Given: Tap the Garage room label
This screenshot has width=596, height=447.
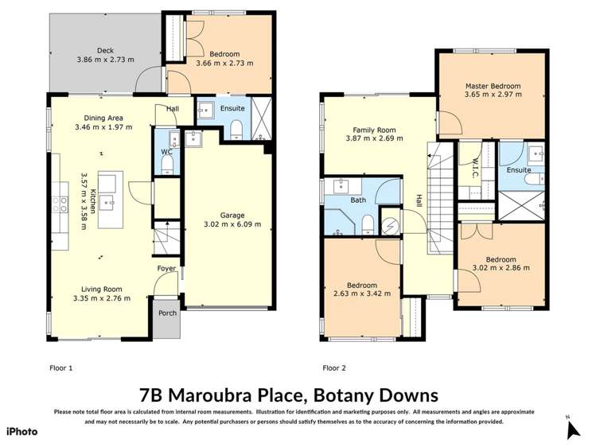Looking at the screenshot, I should [232, 215].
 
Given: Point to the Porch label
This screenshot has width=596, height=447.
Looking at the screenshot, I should [167, 313].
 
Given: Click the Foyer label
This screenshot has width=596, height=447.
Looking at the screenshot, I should [166, 268].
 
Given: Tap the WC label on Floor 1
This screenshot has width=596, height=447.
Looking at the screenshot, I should [166, 151].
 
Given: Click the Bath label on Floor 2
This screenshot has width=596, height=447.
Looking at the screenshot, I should [358, 200].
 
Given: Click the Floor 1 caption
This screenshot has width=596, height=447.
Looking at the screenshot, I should [60, 368].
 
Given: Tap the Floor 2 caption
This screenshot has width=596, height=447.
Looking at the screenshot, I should [334, 368].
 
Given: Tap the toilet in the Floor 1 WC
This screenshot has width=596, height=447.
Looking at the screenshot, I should [167, 165].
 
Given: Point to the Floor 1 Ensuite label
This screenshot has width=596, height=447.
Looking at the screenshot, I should [232, 108].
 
